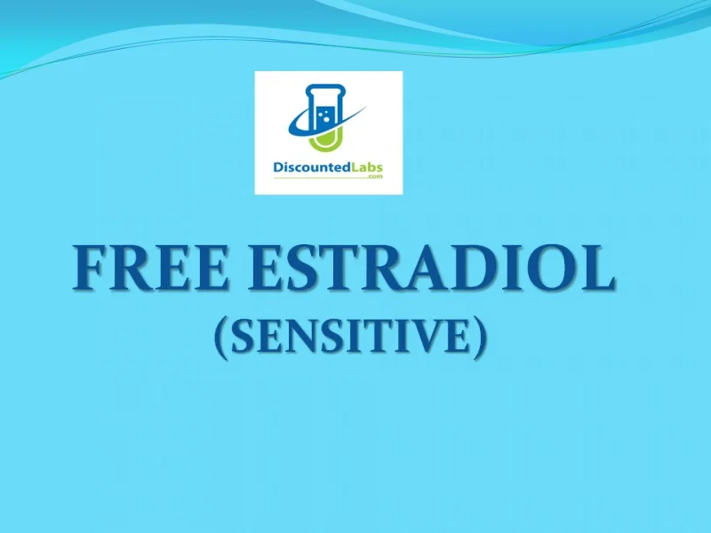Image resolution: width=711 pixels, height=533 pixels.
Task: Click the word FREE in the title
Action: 150,268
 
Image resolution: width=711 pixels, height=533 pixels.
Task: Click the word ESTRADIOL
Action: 431,268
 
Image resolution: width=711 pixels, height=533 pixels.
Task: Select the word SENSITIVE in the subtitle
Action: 349,337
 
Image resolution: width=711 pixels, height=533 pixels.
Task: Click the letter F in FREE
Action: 92,268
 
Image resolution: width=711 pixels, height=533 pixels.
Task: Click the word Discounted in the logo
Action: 312,168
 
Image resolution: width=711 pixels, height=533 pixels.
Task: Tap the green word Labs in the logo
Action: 367,168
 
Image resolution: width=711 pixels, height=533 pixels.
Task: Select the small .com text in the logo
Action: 375,177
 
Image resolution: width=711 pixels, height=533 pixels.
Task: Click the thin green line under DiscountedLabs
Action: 320,179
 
